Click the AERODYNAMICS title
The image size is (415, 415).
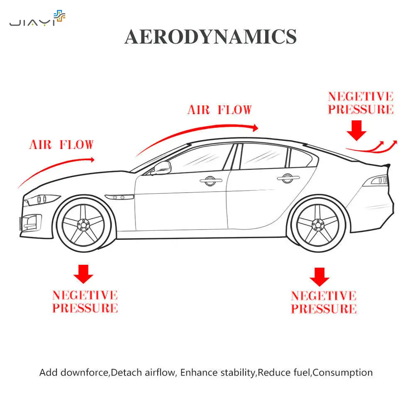coord(210,37)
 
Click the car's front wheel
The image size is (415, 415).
coord(85,225)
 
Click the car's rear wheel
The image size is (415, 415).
coord(319,225)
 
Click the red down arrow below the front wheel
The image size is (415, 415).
coord(83,274)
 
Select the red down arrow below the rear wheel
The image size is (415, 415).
coord(319,276)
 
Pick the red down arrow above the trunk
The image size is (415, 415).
coord(356,129)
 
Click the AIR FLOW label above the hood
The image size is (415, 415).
coord(61,145)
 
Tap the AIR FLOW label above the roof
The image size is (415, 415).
coord(220,110)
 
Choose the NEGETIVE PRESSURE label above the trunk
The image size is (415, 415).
coord(361,103)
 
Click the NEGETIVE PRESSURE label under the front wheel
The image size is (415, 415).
coord(85,302)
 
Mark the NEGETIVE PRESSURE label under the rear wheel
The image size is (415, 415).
coord(324,302)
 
